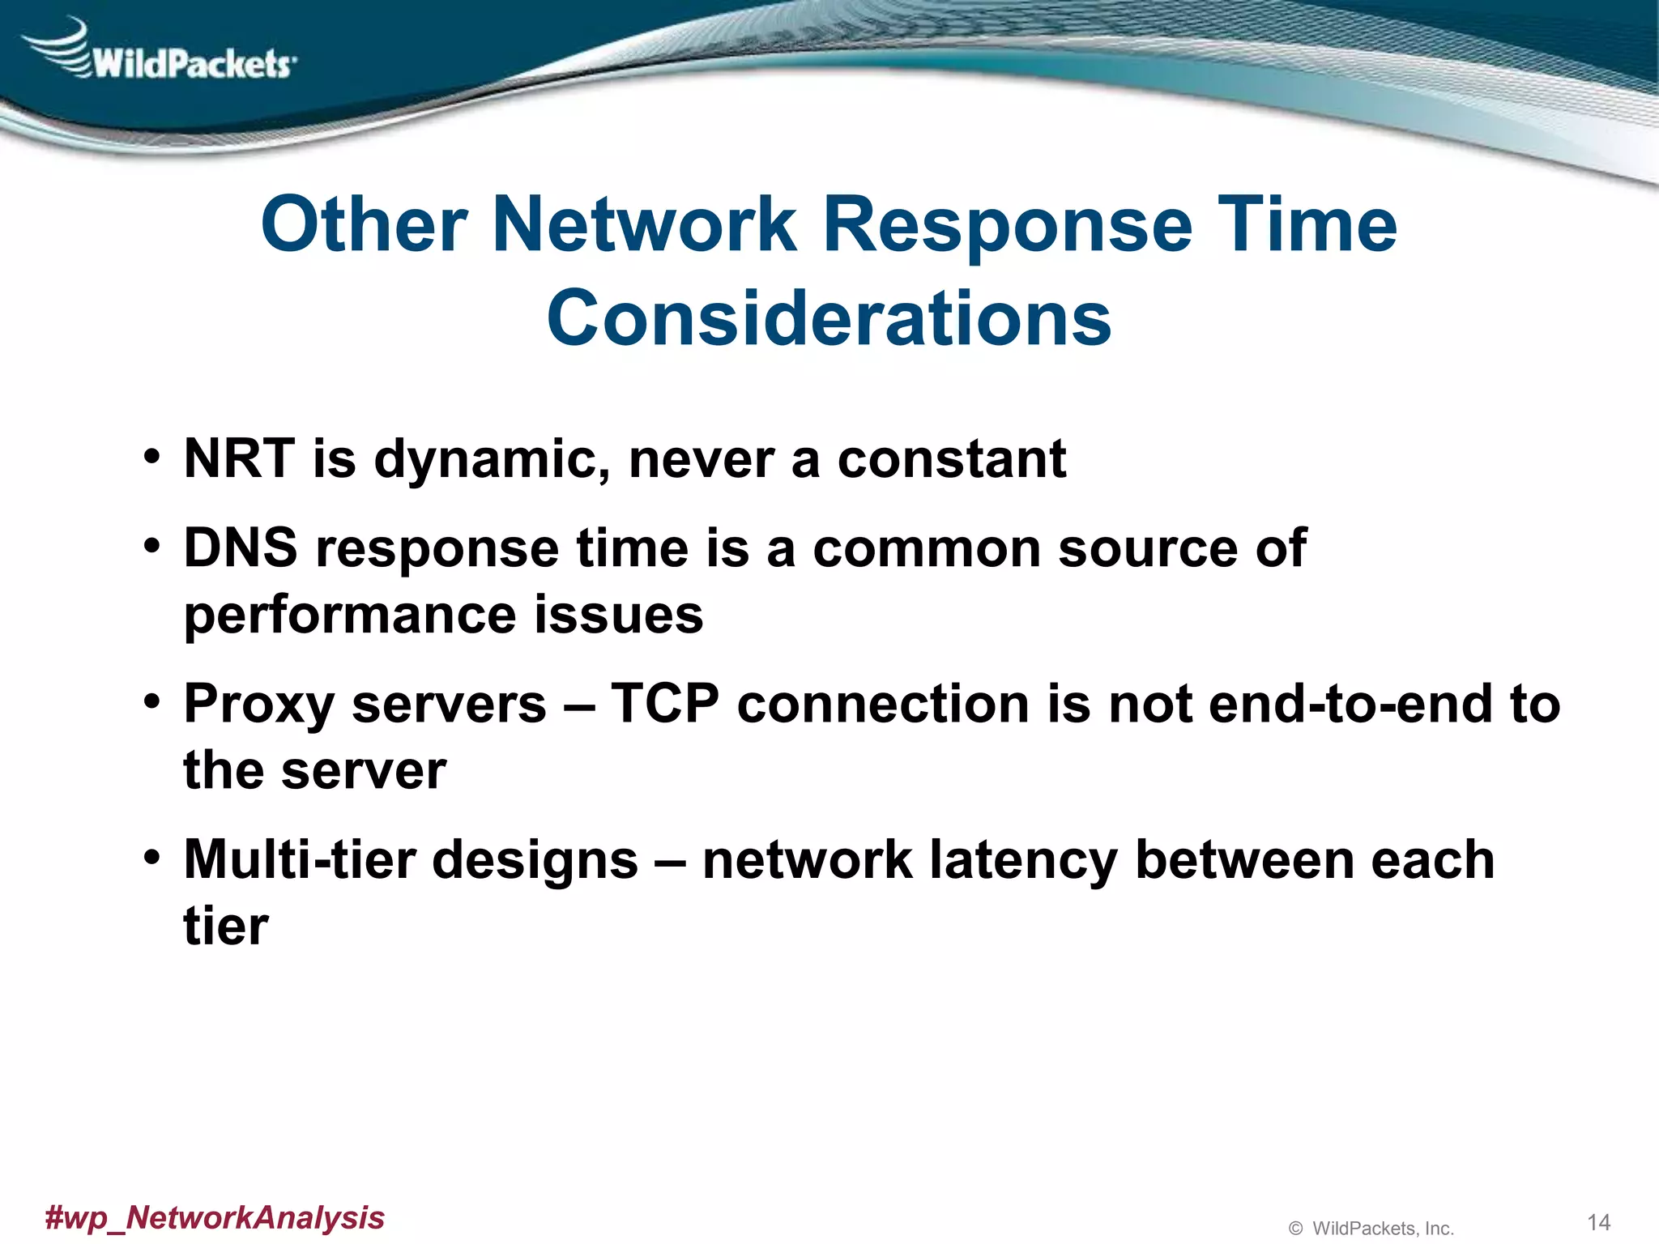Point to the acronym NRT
tap(239, 458)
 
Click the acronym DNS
tap(241, 547)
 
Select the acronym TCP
tap(664, 703)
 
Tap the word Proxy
tap(258, 705)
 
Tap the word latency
tap(1023, 861)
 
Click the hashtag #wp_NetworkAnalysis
tap(215, 1217)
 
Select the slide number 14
tap(1597, 1222)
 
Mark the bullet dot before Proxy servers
tap(151, 701)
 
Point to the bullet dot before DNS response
tap(151, 546)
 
